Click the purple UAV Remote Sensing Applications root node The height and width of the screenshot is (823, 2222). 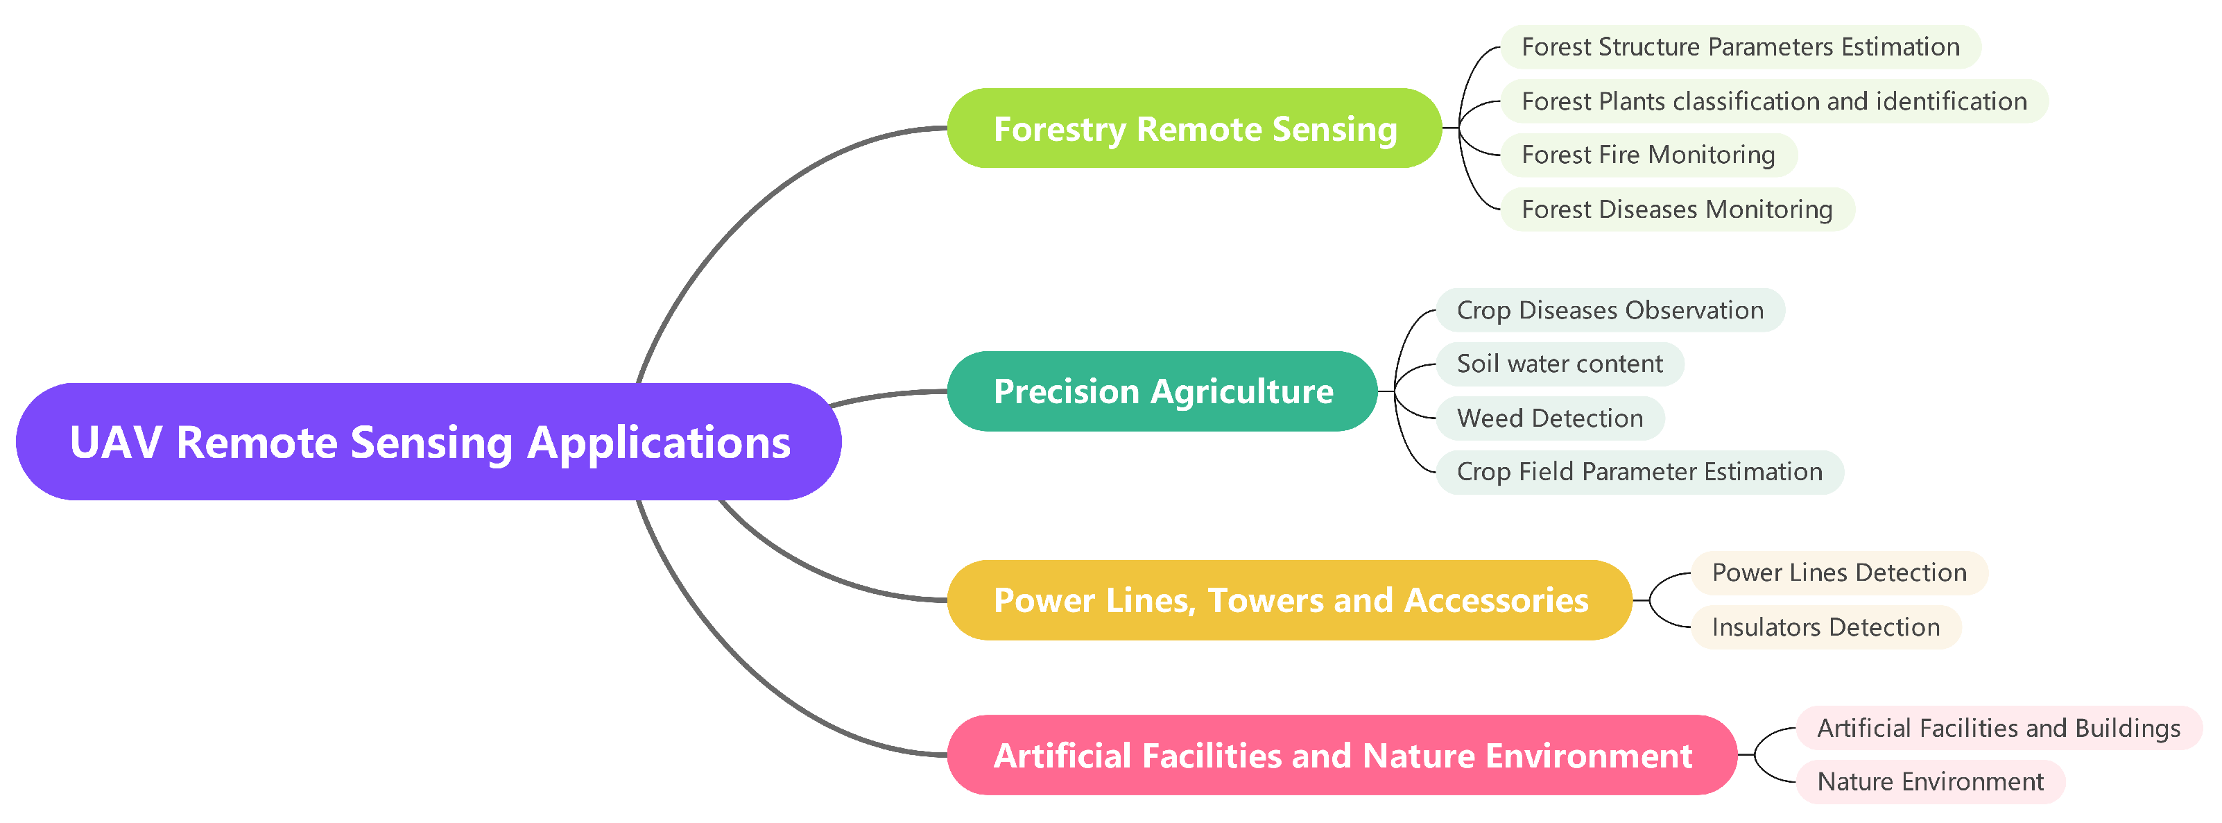point(429,442)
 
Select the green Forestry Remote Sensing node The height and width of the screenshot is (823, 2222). point(1195,128)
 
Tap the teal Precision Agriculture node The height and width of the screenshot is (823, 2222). point(1163,391)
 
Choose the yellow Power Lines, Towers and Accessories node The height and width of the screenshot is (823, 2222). point(1291,600)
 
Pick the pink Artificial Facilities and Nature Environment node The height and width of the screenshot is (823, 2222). point(1342,756)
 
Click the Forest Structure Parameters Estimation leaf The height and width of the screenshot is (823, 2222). point(1741,46)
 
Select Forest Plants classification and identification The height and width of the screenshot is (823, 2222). point(1774,101)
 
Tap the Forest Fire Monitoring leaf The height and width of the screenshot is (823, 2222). point(1648,155)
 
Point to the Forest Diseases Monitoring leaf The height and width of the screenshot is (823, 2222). point(1677,210)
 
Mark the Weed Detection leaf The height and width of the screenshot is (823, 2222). point(1550,418)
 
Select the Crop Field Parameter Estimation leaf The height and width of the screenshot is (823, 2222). point(1639,472)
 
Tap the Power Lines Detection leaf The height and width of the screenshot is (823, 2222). point(1839,572)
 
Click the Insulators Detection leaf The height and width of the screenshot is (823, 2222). point(1826,627)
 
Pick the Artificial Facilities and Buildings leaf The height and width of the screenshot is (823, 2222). point(1999,728)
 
